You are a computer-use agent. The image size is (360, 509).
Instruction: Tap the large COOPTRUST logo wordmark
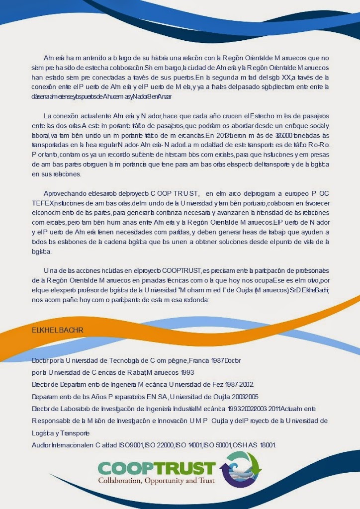click(x=157, y=468)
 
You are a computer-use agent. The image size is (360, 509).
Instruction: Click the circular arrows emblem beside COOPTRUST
click(x=241, y=469)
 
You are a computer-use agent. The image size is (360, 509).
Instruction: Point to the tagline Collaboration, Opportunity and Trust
click(x=157, y=481)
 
